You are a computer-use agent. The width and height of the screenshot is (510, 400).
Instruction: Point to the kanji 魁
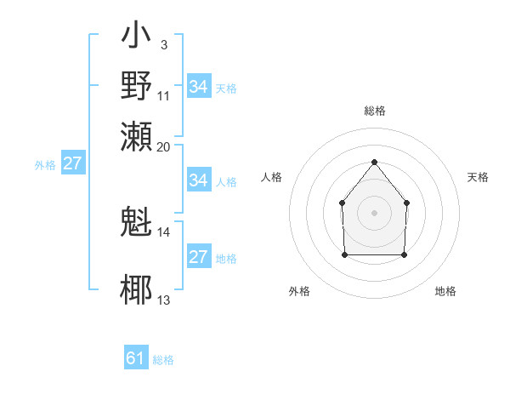(138, 222)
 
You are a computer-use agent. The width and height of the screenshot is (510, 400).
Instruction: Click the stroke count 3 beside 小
(163, 44)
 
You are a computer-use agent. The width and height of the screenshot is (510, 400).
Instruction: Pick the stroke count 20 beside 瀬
(164, 146)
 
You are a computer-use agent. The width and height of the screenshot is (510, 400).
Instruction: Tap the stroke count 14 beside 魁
(164, 231)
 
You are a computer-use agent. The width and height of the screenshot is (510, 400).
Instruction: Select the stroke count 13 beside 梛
(164, 300)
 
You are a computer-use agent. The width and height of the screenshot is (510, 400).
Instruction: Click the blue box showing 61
(136, 358)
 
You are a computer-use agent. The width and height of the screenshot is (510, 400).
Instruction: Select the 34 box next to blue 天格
(198, 86)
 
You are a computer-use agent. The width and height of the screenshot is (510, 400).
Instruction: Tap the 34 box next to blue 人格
(198, 180)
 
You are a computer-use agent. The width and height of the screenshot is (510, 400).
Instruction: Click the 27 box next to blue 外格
(72, 163)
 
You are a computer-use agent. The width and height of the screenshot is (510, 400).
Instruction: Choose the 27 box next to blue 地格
(198, 257)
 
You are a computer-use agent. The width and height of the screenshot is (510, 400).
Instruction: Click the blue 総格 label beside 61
(163, 360)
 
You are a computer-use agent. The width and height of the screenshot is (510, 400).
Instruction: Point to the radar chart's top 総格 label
(374, 111)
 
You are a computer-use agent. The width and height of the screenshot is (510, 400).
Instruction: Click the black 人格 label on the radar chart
(272, 177)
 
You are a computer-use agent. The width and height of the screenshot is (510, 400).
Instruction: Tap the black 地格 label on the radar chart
(445, 291)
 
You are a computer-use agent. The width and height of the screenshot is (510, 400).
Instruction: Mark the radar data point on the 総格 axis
(374, 162)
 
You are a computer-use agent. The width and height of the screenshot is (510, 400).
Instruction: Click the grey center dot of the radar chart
(374, 212)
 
